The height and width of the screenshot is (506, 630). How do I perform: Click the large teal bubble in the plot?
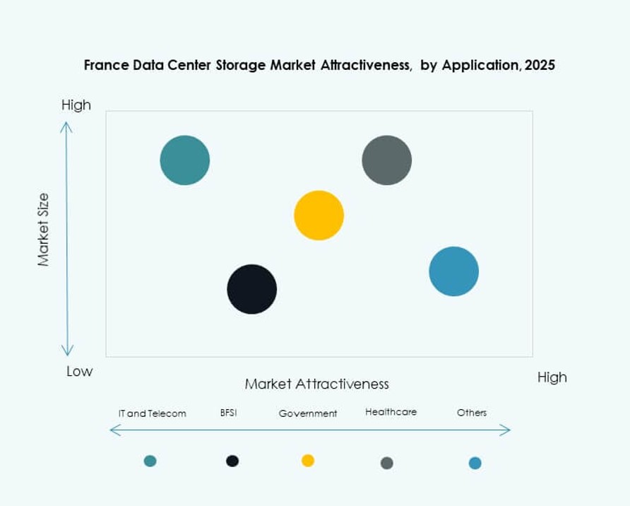(185, 160)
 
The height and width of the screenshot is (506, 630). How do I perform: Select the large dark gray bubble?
(387, 160)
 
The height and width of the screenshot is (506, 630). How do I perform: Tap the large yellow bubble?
(319, 216)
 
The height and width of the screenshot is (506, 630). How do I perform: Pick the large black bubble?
(252, 289)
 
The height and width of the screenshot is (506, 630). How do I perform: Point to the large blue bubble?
(454, 271)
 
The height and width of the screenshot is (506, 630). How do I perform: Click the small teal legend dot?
(150, 461)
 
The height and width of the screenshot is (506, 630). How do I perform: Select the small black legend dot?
(232, 461)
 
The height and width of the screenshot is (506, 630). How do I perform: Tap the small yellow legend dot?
(308, 461)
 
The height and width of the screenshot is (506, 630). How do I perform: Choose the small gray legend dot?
(387, 463)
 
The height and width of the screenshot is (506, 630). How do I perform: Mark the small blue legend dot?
(475, 463)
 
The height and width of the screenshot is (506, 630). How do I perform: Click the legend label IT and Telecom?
(152, 413)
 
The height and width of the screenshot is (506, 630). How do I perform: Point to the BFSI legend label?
(228, 413)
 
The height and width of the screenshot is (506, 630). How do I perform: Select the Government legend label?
(308, 413)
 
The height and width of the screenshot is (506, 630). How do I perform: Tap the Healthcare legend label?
(391, 412)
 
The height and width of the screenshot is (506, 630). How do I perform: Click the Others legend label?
(472, 413)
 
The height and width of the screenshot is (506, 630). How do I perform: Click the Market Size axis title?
(44, 230)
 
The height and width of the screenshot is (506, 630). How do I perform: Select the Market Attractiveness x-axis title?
(317, 384)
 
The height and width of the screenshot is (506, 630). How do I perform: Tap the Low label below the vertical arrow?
(79, 372)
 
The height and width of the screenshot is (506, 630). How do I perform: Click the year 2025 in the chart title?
(540, 65)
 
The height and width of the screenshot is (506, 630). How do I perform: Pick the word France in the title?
(103, 65)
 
